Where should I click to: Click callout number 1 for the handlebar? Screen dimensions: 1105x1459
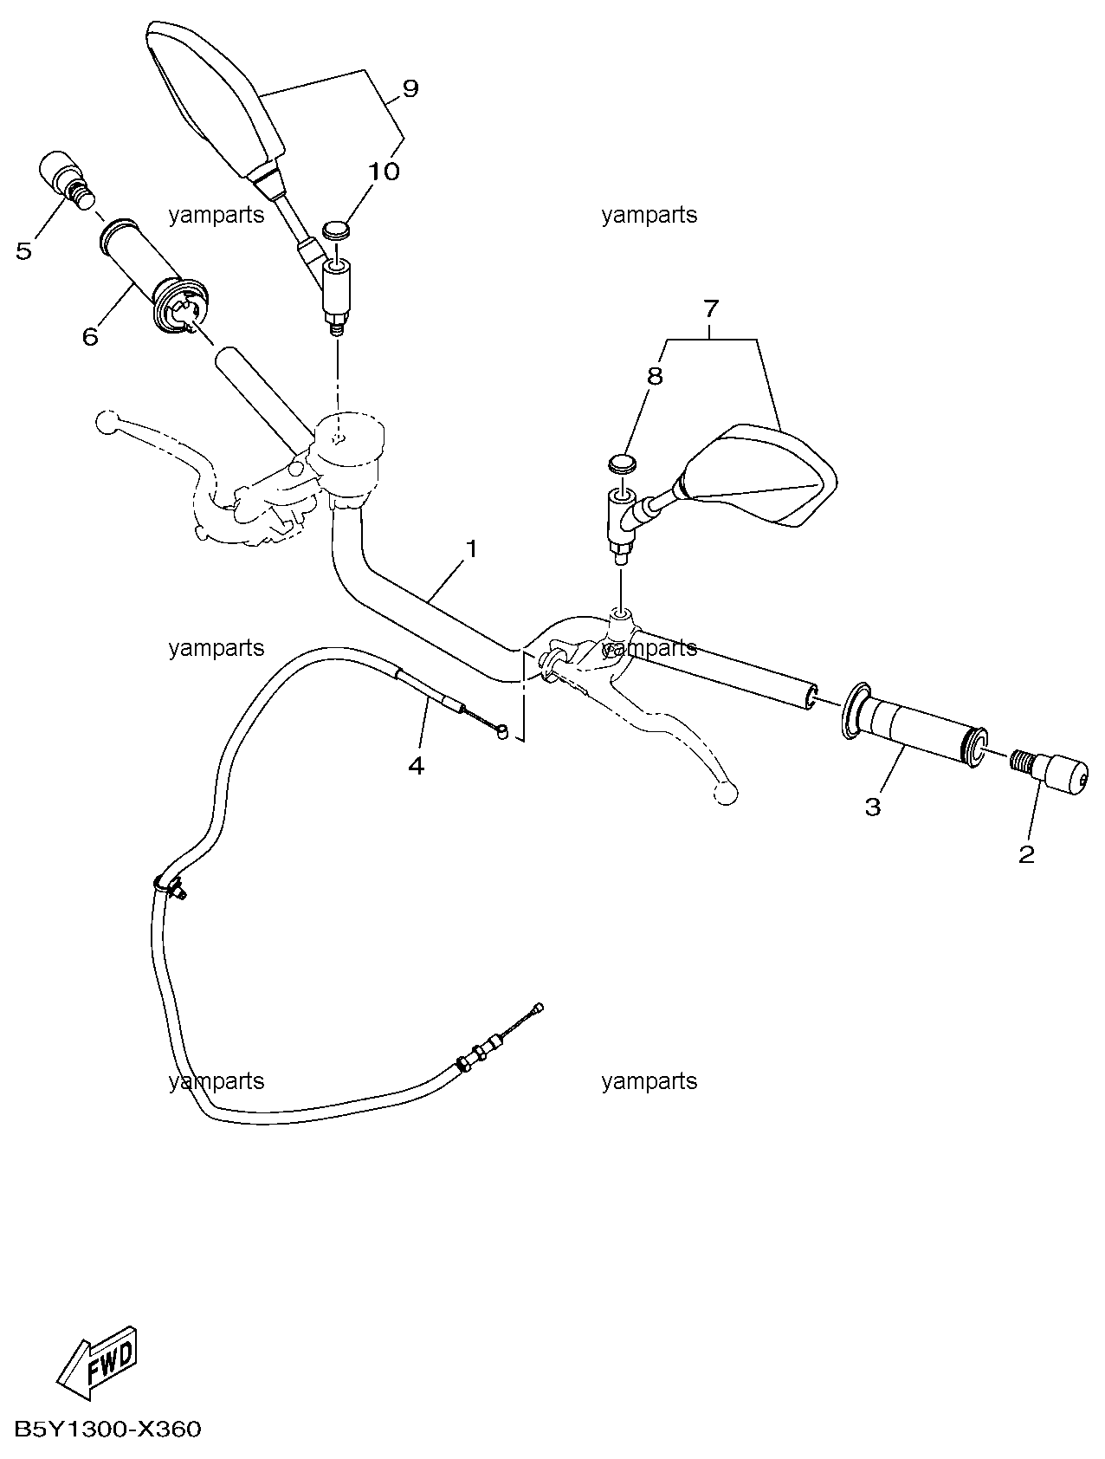point(472,549)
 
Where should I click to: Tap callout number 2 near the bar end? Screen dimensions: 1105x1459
point(1026,855)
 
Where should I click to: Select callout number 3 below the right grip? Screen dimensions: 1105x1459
point(873,807)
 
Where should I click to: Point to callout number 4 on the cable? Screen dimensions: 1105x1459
point(417,766)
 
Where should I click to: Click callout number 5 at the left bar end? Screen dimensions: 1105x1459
point(24,251)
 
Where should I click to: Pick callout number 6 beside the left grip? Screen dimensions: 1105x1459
point(90,335)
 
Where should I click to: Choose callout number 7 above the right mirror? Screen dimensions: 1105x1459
point(711,308)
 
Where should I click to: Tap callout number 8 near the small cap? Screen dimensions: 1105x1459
point(655,376)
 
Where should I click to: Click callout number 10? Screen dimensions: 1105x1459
point(384,172)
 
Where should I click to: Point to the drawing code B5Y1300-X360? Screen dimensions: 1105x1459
point(107,1429)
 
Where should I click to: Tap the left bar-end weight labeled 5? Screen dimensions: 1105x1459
point(68,179)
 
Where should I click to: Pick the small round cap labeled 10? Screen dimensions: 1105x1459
point(335,230)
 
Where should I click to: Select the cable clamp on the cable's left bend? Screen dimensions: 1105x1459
point(169,885)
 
